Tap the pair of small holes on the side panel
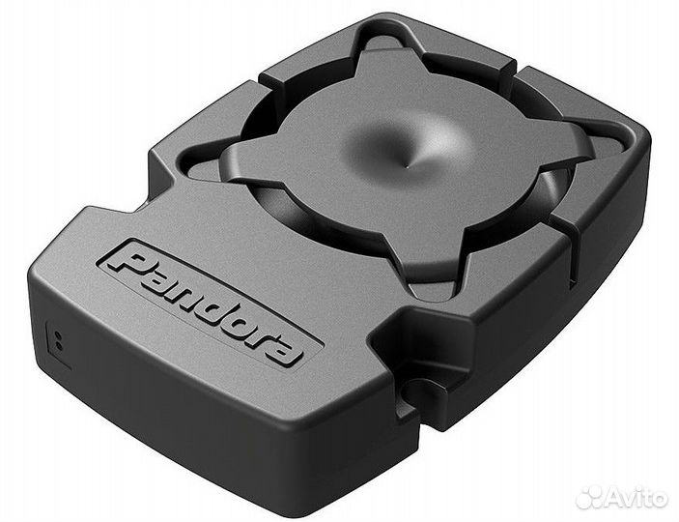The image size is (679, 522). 58,339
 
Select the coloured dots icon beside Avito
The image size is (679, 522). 589,496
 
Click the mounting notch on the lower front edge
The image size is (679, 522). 417,389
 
